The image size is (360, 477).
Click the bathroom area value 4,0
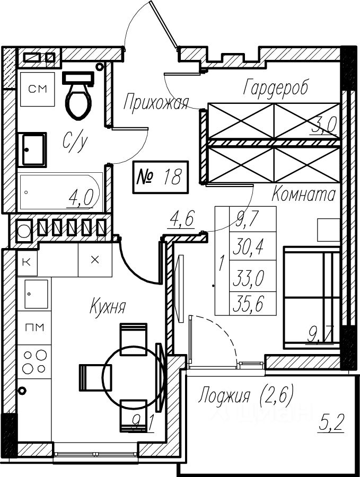click(81, 199)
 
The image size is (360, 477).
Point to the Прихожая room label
click(155, 102)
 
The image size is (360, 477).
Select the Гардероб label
click(275, 87)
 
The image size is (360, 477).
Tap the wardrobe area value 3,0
click(324, 126)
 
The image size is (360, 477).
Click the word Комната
click(303, 195)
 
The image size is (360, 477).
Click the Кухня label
click(108, 306)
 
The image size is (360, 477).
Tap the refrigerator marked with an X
click(95, 260)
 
